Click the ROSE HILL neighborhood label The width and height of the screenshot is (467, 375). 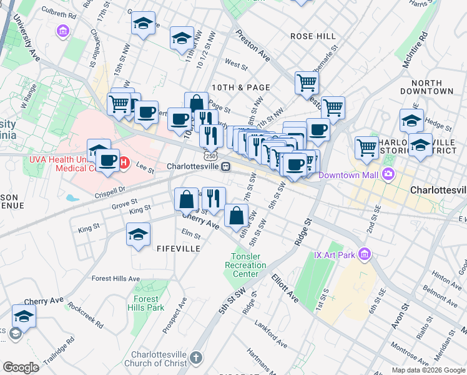[x=313, y=36]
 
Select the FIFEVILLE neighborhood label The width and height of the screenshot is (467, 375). [x=181, y=248]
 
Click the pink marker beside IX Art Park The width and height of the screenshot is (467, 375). [x=365, y=254]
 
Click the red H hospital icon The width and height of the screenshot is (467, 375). [x=124, y=164]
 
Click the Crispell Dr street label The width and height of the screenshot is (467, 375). [x=109, y=188]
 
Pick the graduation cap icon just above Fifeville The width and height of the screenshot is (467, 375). [x=138, y=235]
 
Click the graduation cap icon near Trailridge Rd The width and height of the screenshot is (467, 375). [x=24, y=316]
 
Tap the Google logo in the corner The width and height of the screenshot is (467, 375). [x=21, y=367]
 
